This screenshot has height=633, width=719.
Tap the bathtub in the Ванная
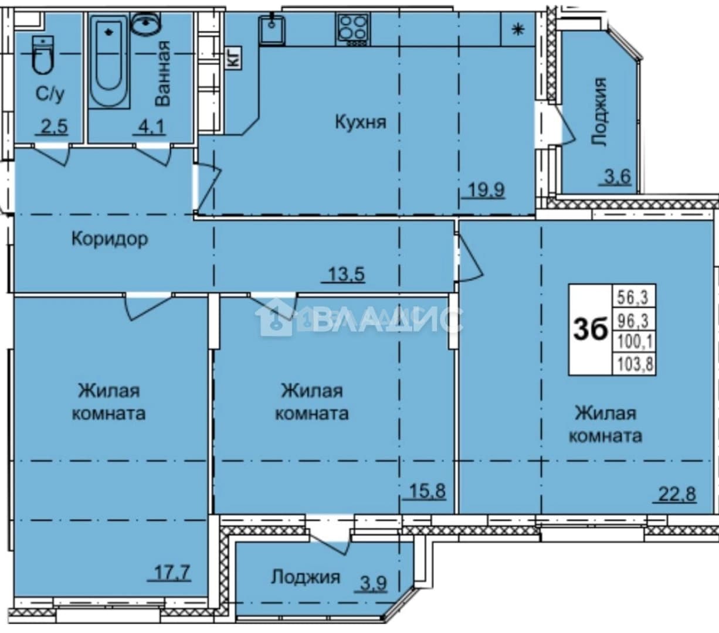click(x=109, y=61)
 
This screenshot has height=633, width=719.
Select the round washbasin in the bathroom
click(x=145, y=22)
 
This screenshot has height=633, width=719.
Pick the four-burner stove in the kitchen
click(x=352, y=30)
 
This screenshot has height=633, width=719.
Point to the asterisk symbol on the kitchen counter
click(x=518, y=29)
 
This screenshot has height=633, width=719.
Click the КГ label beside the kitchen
click(x=233, y=58)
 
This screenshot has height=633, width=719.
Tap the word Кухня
click(x=361, y=122)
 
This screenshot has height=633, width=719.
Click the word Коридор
click(x=110, y=239)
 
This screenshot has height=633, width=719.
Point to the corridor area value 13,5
click(x=346, y=274)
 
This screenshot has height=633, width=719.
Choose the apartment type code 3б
click(x=591, y=330)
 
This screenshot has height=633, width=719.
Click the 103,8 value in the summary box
click(x=635, y=364)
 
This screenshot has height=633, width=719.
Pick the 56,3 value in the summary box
click(x=633, y=297)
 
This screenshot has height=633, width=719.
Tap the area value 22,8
click(x=677, y=494)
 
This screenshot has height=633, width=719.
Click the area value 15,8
click(x=428, y=491)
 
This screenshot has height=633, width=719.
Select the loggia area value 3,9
click(x=374, y=583)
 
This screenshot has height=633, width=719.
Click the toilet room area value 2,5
click(x=53, y=126)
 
